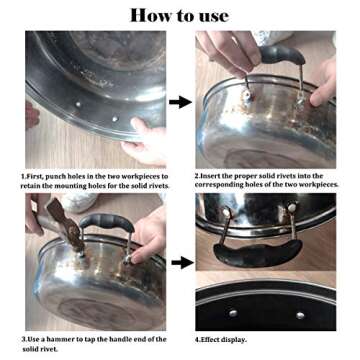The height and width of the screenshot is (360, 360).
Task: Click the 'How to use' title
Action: point(179,16)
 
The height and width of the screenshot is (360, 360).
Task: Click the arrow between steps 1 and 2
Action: point(180,102)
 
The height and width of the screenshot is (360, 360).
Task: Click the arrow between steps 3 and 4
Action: point(182,263)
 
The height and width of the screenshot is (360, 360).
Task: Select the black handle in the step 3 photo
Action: point(107,222)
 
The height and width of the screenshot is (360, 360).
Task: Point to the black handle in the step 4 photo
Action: point(258,253)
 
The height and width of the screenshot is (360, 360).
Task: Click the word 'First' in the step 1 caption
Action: point(36,177)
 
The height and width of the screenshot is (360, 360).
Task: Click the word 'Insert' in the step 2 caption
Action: point(211,176)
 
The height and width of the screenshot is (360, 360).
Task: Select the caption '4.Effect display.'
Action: point(221,340)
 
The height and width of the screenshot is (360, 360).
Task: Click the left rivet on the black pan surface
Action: point(233,313)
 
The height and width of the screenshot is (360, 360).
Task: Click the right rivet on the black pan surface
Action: point(300,315)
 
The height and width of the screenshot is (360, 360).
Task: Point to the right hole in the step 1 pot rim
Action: point(115,118)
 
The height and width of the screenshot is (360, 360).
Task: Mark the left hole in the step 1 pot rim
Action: point(78,104)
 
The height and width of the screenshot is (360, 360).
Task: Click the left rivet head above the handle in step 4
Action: point(227,211)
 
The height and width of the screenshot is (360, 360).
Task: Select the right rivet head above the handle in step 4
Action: point(292,207)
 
